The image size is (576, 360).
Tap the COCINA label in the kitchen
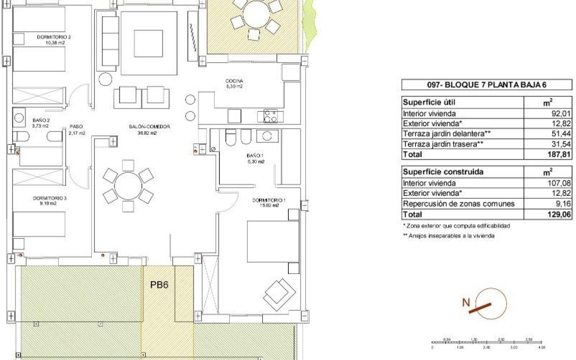tap(234, 81)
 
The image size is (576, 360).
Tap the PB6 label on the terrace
tap(159, 285)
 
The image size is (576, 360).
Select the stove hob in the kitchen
tap(270, 116)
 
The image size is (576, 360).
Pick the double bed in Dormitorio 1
tap(273, 241)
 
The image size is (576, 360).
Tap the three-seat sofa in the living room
tap(110, 41)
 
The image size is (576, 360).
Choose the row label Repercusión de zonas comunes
tap(459, 204)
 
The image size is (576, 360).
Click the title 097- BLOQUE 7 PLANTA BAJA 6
tap(487, 85)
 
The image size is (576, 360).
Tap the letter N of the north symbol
tap(466, 302)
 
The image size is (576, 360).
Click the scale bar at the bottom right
tap(487, 342)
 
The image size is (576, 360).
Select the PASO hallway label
tap(77, 127)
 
